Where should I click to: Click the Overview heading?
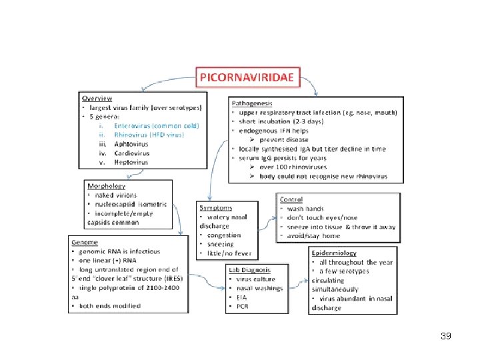[x=97, y=98]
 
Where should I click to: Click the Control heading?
[x=292, y=199]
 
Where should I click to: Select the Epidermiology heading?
[x=334, y=253]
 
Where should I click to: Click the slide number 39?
[x=446, y=336]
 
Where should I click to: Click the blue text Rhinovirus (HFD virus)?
[x=148, y=134]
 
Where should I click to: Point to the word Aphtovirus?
[x=131, y=143]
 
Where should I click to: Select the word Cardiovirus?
[x=132, y=153]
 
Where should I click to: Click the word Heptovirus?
[x=131, y=162]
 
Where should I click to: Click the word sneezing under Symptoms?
[x=221, y=244]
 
